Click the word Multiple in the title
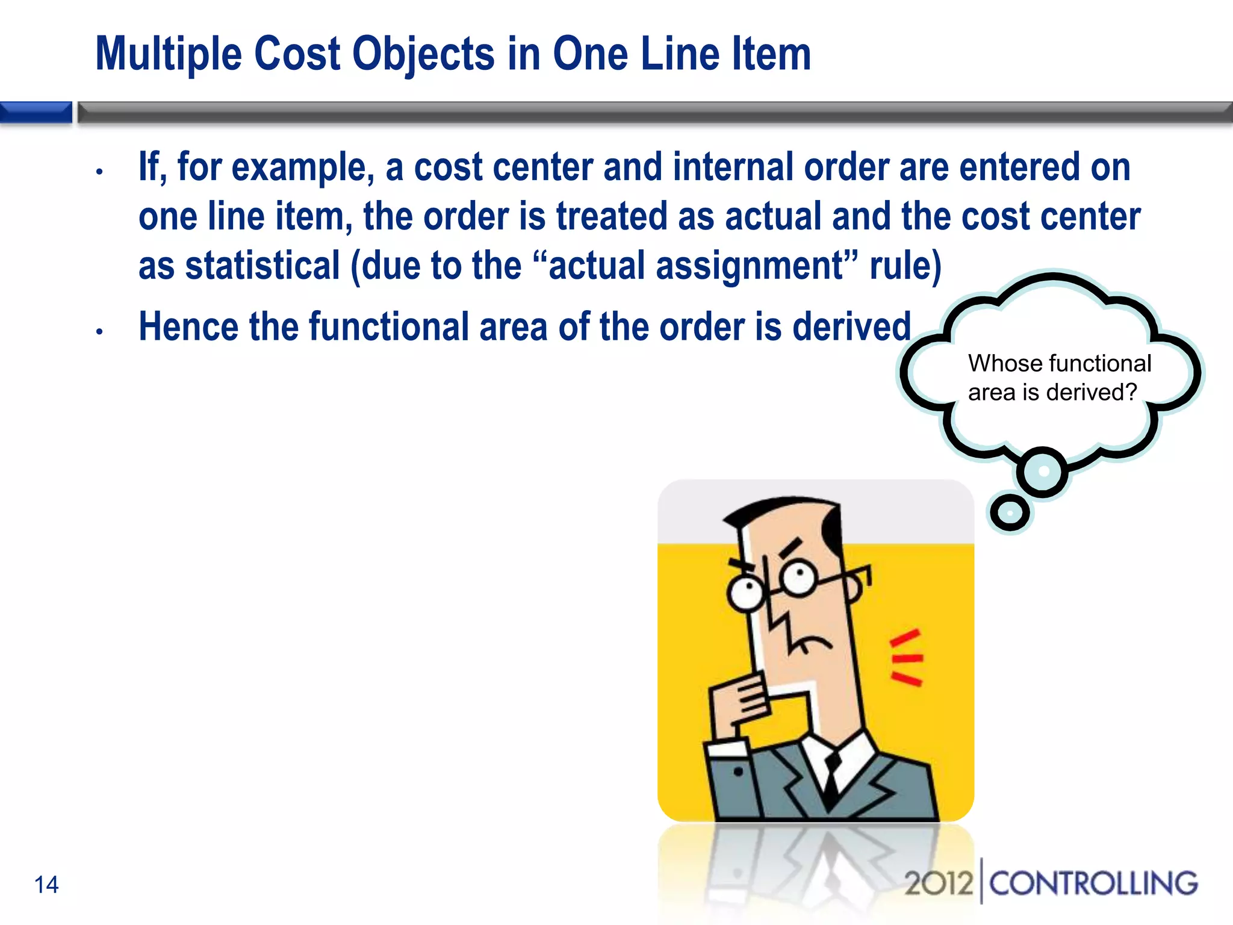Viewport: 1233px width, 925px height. tap(169, 54)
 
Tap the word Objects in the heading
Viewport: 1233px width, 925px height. tap(423, 54)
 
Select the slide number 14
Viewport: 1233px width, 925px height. tap(46, 885)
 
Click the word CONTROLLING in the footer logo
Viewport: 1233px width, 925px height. tap(1093, 883)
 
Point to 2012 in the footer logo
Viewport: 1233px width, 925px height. tap(939, 883)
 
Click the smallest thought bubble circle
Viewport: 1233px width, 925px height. tap(1010, 512)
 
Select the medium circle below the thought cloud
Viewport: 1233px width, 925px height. tap(1043, 472)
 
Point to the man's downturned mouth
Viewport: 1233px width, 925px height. tap(810, 644)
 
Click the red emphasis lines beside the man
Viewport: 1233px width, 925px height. tap(906, 657)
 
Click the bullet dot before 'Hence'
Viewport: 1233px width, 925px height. tap(100, 331)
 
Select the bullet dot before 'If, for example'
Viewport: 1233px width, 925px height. tap(100, 172)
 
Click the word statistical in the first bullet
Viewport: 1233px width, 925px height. tap(262, 266)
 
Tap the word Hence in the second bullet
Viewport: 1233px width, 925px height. tap(188, 327)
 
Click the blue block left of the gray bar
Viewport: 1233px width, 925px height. tap(36, 112)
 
